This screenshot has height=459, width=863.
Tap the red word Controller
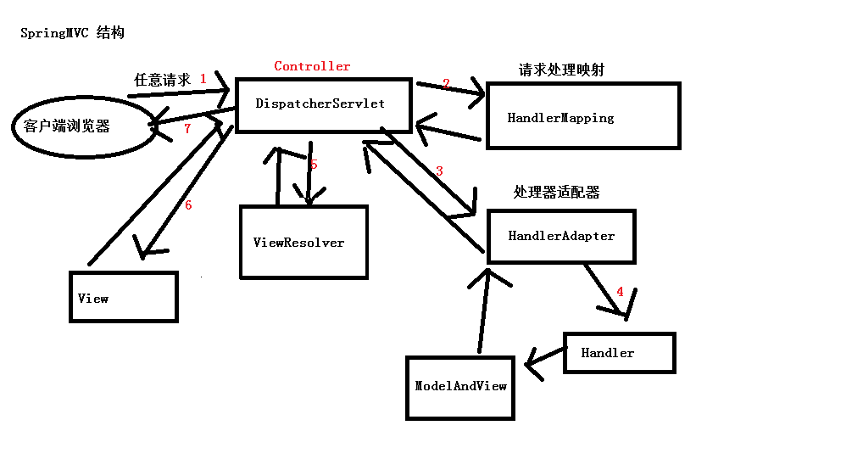pyautogui.click(x=312, y=66)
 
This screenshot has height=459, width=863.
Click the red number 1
pyautogui.click(x=203, y=79)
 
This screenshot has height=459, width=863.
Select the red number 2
pyautogui.click(x=446, y=83)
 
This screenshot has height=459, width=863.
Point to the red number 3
pyautogui.click(x=439, y=171)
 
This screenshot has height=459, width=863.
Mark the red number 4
pyautogui.click(x=621, y=292)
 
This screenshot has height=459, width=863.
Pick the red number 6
pyautogui.click(x=188, y=205)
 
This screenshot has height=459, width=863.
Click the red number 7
pyautogui.click(x=187, y=128)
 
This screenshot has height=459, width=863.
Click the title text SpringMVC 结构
pyautogui.click(x=72, y=32)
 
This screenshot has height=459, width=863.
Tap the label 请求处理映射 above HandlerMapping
pyautogui.click(x=561, y=70)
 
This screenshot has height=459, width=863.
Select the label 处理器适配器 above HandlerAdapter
pyautogui.click(x=556, y=192)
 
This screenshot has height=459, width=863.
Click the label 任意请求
pyautogui.click(x=163, y=80)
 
